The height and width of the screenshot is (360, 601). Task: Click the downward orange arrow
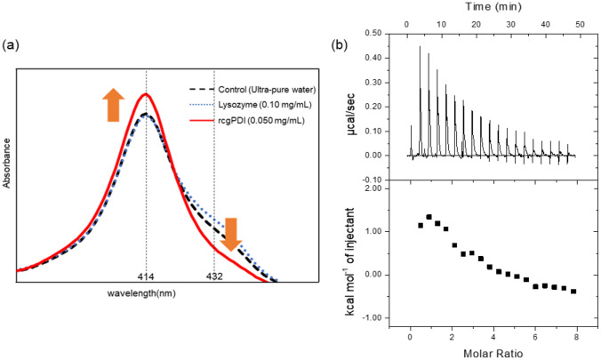click(231, 232)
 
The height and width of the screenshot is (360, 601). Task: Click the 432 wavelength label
click(214, 277)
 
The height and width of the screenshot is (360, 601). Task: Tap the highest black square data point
click(429, 216)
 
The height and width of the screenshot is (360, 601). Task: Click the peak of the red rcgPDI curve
click(146, 94)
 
